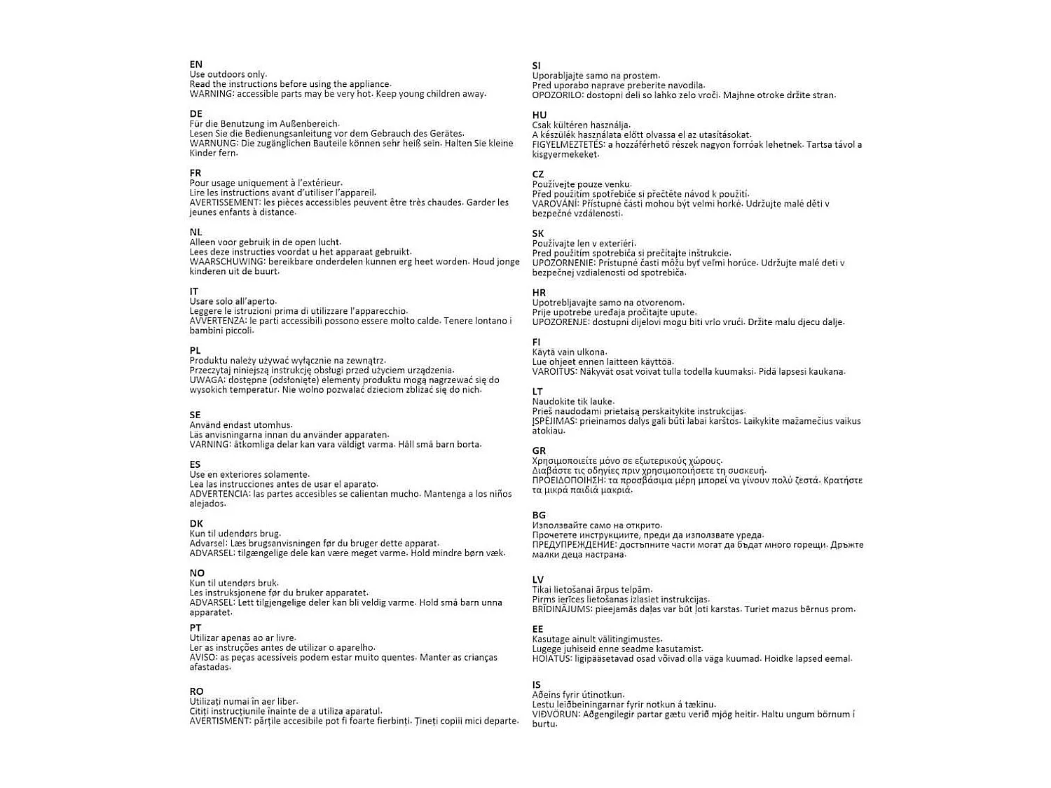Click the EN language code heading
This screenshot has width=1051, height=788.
coord(195,64)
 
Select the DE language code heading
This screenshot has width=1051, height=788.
coord(195,113)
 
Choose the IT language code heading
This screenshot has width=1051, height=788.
coord(194,291)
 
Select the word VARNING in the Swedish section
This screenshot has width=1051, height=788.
coord(209,444)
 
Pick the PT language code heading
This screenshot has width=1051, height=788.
coord(195,628)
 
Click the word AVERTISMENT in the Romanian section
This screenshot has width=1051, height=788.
coord(220,721)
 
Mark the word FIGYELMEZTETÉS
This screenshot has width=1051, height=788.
coord(568,145)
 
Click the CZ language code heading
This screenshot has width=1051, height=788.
coord(538,174)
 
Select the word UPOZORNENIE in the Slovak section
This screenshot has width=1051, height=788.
coord(564,263)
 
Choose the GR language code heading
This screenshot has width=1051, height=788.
coord(539,450)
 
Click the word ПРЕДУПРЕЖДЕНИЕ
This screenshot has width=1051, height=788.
coord(574,545)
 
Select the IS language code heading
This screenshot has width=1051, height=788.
coord(536,685)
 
